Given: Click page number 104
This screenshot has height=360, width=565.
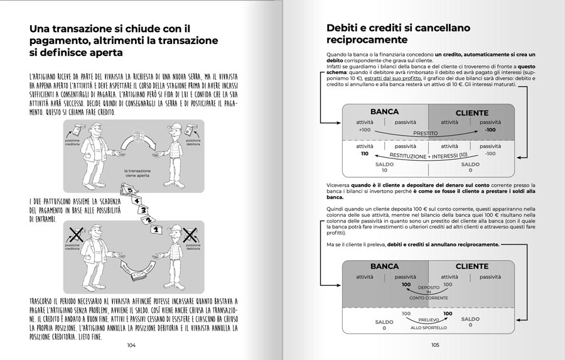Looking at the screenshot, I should (x=131, y=345).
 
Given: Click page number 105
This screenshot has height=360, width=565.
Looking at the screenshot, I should (x=435, y=345).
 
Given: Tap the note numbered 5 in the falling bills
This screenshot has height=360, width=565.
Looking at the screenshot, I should (x=130, y=189).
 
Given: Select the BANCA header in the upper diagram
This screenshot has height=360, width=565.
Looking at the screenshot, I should (x=384, y=112).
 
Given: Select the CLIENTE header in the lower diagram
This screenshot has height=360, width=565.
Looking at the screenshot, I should (x=471, y=266).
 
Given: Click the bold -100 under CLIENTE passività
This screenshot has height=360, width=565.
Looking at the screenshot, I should (x=490, y=130).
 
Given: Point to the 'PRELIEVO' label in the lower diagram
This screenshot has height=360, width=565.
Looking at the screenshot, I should (x=428, y=320).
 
